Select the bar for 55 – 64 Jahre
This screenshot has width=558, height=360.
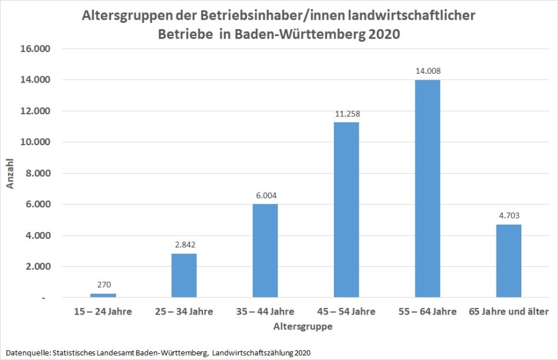428,189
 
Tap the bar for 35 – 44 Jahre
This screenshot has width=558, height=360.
265,251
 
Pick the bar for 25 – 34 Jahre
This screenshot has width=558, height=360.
184,276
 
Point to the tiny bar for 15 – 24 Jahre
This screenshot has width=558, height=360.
103,295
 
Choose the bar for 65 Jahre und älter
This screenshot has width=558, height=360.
508,261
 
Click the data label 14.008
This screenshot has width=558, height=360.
428,71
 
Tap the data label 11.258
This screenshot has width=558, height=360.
346,114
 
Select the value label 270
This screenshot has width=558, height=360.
103,285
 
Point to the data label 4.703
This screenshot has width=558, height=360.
508,216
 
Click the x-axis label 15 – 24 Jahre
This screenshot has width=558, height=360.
103,312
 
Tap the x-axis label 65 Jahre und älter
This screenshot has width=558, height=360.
508,312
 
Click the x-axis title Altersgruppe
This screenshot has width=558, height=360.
305,325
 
